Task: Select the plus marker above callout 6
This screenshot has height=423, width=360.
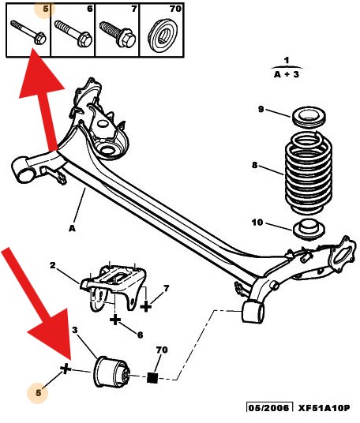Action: pos(115,320)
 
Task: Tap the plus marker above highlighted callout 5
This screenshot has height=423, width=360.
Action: pos(66,369)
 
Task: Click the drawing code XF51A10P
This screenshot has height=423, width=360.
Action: pos(324,408)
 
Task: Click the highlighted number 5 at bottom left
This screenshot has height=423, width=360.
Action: pos(35,391)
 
